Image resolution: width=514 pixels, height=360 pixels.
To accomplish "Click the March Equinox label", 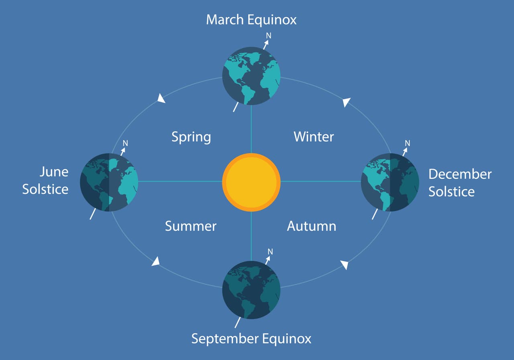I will pyautogui.click(x=251, y=20).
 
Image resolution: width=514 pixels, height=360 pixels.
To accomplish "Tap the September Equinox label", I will pyautogui.click(x=251, y=338).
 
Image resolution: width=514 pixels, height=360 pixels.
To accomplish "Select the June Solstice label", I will pyautogui.click(x=45, y=180).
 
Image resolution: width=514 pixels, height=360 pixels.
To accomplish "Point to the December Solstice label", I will pyautogui.click(x=459, y=182).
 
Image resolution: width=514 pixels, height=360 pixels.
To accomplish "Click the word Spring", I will pyautogui.click(x=191, y=137).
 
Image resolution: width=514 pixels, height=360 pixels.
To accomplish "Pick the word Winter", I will pyautogui.click(x=314, y=137).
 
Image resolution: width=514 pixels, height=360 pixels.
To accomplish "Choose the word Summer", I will pyautogui.click(x=191, y=226).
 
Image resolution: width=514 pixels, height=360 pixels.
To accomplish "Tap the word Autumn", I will pyautogui.click(x=311, y=226).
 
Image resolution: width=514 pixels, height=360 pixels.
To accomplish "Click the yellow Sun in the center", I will pyautogui.click(x=251, y=182).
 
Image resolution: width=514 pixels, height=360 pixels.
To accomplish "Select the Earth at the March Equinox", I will pyautogui.click(x=251, y=76).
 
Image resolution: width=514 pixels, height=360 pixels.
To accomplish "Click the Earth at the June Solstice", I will pyautogui.click(x=109, y=182).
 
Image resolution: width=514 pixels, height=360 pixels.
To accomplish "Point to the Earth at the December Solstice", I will pyautogui.click(x=390, y=182).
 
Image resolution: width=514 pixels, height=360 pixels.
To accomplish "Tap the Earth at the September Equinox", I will pyautogui.click(x=251, y=290).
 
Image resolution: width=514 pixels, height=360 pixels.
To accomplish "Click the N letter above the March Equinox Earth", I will pyautogui.click(x=269, y=36).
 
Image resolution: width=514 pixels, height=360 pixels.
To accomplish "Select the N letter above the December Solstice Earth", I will pyautogui.click(x=407, y=143).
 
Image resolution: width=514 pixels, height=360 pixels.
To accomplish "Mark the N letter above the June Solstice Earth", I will pyautogui.click(x=125, y=143).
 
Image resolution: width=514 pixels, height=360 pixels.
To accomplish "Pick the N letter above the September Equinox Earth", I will pyautogui.click(x=270, y=252).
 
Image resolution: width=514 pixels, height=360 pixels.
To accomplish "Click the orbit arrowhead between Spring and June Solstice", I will pyautogui.click(x=161, y=98).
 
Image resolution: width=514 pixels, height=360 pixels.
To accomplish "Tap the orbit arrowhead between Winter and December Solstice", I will pyautogui.click(x=347, y=103).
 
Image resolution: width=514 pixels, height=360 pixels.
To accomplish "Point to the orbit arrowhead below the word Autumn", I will pyautogui.click(x=345, y=264).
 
